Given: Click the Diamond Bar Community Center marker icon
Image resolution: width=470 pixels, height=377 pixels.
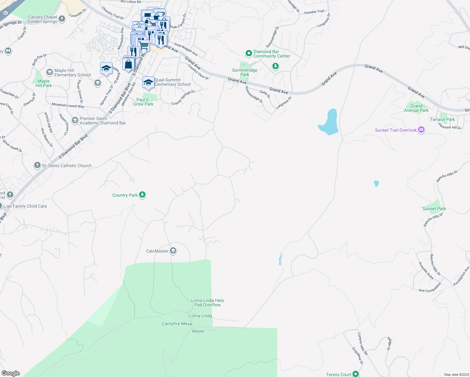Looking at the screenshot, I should click(249, 53).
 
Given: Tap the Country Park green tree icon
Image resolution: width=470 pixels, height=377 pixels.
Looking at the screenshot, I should click(142, 195).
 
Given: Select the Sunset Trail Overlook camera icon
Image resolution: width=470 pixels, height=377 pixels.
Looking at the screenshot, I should click(421, 130).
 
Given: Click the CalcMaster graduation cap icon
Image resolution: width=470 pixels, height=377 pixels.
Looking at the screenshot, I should click(173, 251).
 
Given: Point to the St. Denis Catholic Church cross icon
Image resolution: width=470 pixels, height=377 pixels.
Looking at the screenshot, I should click(37, 165).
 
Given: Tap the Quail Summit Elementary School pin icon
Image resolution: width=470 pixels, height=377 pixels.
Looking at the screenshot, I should click(148, 82).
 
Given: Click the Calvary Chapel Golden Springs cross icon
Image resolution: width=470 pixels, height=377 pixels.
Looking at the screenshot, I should click(62, 19).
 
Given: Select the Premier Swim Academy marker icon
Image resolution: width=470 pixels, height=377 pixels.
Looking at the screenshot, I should click(75, 120).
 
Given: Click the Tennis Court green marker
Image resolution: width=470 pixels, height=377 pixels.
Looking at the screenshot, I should click(356, 374).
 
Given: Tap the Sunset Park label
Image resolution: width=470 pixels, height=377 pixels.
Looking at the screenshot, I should click(434, 209).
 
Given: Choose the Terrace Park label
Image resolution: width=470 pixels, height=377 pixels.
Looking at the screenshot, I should click(442, 119).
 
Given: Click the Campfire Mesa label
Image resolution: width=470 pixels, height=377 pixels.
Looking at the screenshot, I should click(177, 324).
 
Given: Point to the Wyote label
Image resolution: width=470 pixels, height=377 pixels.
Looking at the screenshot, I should click(198, 331).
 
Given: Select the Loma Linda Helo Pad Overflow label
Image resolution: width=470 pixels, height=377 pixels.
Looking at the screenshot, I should click(207, 303).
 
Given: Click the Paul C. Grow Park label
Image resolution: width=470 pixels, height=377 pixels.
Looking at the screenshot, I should click(143, 102).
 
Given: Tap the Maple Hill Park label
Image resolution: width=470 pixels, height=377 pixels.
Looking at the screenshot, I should click(44, 83).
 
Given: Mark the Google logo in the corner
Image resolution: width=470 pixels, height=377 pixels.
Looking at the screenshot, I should click(11, 373).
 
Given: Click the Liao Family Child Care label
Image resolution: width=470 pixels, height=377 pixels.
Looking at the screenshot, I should click(25, 206).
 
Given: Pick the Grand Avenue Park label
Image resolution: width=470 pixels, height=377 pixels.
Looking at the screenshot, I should click(416, 108).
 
